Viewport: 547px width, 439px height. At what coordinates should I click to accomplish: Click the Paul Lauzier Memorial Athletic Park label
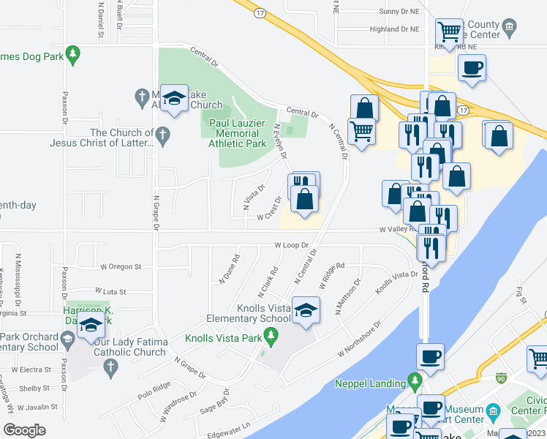point(237,134)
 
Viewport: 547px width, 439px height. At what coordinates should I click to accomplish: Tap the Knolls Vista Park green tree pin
point(271,336)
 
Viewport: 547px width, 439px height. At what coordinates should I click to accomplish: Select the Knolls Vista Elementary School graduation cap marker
point(307,309)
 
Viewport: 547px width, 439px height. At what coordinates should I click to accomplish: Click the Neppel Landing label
point(370,383)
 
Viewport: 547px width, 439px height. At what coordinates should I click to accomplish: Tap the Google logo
point(24,429)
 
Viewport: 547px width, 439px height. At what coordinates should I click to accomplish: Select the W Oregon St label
point(120,267)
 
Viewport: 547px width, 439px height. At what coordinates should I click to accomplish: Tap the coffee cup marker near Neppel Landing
point(430,358)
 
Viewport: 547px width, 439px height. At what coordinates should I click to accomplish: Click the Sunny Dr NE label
point(399,12)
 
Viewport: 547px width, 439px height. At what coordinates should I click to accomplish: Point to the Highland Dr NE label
point(394,29)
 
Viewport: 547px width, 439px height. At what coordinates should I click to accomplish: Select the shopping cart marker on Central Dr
point(361,132)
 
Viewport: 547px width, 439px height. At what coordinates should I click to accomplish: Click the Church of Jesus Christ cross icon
point(162,134)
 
